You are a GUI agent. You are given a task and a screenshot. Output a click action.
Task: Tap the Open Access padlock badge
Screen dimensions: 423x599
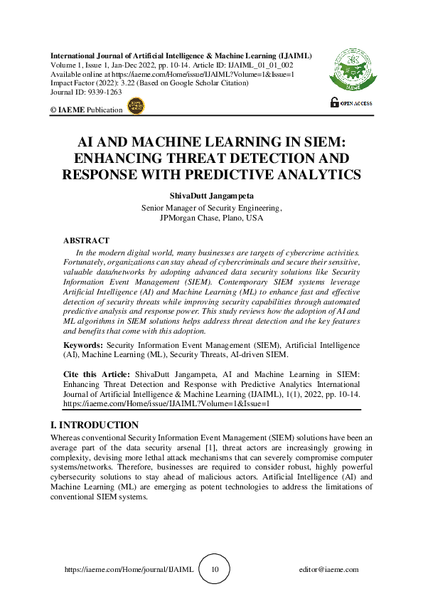coord(351,103)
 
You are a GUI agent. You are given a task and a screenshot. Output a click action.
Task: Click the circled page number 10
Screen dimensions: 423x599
coord(215,570)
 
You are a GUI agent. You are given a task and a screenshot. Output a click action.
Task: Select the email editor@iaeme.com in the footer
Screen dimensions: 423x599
coord(329,570)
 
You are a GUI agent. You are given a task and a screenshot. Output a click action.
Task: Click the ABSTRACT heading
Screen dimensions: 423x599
coord(86,241)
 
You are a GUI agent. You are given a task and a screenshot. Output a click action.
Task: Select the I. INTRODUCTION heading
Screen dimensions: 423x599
coord(95,425)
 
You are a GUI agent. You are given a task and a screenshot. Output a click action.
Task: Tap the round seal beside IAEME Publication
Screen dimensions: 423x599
coord(135,107)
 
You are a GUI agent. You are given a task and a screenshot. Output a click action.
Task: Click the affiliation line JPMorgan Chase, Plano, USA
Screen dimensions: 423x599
coord(212,218)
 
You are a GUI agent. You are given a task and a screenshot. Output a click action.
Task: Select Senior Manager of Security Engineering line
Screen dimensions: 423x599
coord(212,208)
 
